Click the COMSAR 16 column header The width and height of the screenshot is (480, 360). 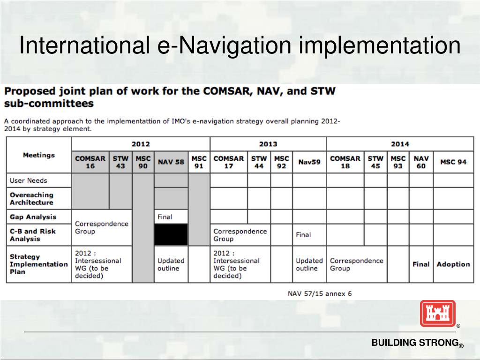pos(90,162)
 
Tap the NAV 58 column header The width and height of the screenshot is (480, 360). pos(171,162)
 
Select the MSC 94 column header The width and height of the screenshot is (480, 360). pos(453,162)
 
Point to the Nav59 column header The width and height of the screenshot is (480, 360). pos(309,162)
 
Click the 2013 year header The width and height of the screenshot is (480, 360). pos(268,144)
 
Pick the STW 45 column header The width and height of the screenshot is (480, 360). pos(375,162)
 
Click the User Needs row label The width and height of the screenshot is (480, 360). pos(29,180)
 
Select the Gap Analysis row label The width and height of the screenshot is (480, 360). pos(33,217)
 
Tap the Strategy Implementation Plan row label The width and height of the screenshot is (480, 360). pos(38,264)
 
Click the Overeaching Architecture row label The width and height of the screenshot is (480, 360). pos(31,199)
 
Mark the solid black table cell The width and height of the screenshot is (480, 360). pos(171,234)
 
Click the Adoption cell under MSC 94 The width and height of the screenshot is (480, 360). pos(453,264)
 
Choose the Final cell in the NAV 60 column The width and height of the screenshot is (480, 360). pos(421,264)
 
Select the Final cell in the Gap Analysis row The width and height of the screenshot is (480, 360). pos(165,217)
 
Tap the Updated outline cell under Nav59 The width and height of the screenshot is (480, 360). pos(309,264)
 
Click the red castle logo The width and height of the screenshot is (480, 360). pos(438,313)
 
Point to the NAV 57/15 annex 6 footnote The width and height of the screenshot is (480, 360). pos(320,294)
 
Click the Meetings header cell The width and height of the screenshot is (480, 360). pos(39,155)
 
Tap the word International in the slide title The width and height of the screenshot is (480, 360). pos(82,45)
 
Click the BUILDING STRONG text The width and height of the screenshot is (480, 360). pos(415,343)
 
